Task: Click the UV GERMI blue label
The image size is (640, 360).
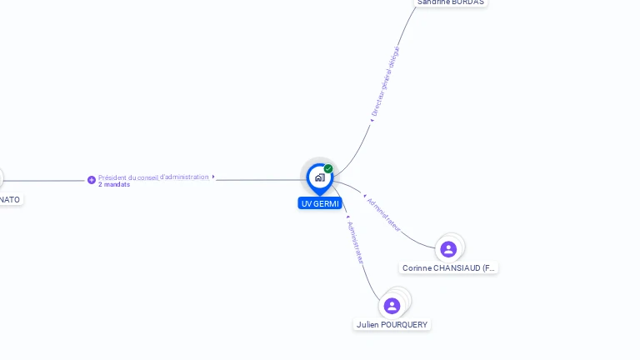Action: [x=320, y=203]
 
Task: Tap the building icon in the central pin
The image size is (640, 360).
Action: [x=319, y=177]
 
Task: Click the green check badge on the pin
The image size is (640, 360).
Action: [x=328, y=169]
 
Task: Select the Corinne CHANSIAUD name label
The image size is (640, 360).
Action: [x=448, y=268]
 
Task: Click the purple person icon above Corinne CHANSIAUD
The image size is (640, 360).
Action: [x=448, y=249]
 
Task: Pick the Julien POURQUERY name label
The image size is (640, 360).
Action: [x=392, y=324]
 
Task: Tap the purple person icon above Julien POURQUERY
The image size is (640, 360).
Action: [x=392, y=306]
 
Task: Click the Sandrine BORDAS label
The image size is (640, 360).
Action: [x=450, y=2]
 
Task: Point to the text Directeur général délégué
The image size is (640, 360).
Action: [x=386, y=81]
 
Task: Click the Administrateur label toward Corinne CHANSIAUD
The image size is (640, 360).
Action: [x=384, y=214]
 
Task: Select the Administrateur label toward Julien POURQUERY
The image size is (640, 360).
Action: [x=356, y=242]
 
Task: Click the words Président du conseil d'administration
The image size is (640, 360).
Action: [x=153, y=177]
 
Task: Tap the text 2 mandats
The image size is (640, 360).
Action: [x=114, y=184]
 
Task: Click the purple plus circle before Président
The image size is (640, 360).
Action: [x=92, y=180]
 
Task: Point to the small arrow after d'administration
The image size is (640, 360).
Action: [x=214, y=177]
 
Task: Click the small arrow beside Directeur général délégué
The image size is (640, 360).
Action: [x=372, y=121]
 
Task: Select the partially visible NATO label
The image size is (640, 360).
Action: [x=10, y=199]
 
